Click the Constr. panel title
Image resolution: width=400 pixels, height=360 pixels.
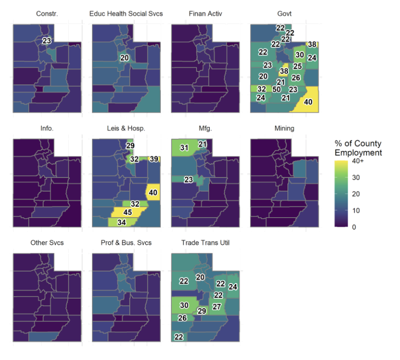(x=47, y=14)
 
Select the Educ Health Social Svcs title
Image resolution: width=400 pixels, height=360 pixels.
(x=126, y=14)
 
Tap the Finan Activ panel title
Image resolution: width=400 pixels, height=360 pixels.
(x=206, y=14)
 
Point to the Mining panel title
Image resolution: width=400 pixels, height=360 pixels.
(x=284, y=128)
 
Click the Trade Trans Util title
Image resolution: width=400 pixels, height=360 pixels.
(x=206, y=242)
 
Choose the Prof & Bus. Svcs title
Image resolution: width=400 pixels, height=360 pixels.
(x=126, y=242)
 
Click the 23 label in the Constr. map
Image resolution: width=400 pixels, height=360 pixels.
(x=46, y=41)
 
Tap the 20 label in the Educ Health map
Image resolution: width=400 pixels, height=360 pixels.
(x=125, y=58)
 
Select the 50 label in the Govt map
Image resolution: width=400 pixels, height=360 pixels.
(x=276, y=89)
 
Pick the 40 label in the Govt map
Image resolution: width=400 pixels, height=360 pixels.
(x=308, y=102)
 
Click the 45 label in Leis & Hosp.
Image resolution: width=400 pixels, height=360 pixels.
(x=128, y=212)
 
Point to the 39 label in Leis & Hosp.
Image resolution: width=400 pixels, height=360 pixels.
(x=154, y=159)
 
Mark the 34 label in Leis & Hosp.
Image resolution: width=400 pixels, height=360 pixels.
(x=122, y=222)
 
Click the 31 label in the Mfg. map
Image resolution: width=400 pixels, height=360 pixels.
(x=184, y=148)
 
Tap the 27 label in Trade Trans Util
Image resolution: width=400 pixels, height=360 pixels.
(x=217, y=307)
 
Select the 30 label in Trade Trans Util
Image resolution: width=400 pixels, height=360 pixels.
(x=184, y=305)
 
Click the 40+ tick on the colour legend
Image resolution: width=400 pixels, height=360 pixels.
(x=358, y=161)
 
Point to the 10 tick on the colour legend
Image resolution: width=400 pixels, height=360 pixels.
(x=356, y=210)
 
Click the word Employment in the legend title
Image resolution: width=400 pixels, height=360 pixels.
(x=358, y=153)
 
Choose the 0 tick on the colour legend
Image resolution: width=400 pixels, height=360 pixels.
(x=354, y=227)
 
